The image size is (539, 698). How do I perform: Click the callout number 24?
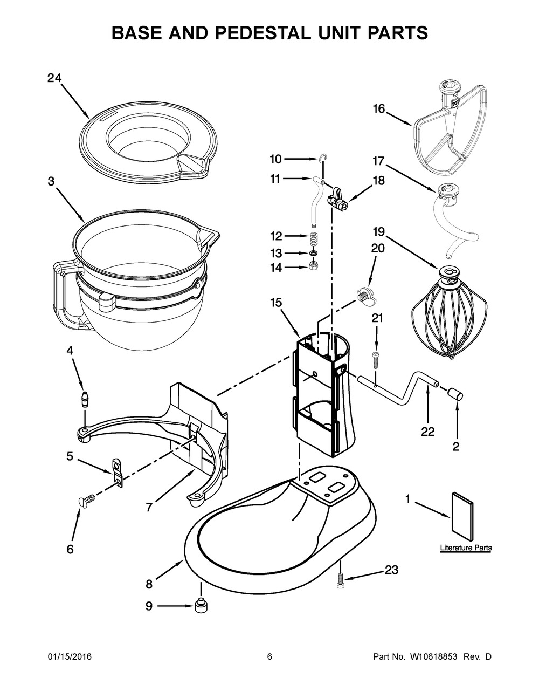pos(54,78)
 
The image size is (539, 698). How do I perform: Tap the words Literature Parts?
pos(466,548)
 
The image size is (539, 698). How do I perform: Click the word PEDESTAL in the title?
pos(258,32)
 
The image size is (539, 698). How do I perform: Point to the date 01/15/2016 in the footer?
pos(70,656)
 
